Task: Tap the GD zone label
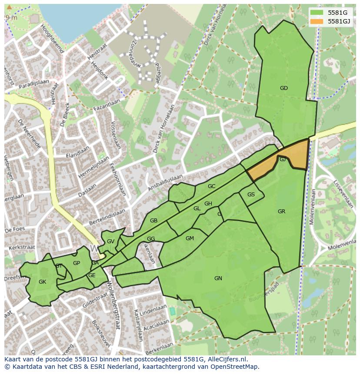(283, 88)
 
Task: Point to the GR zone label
(281, 212)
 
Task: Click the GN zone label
(218, 278)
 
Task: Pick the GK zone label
(42, 282)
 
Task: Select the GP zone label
(77, 263)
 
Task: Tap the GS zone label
(251, 195)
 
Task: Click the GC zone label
(211, 186)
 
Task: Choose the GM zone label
(190, 238)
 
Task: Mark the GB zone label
(153, 221)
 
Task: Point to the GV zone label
(110, 242)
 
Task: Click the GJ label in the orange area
(283, 159)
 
